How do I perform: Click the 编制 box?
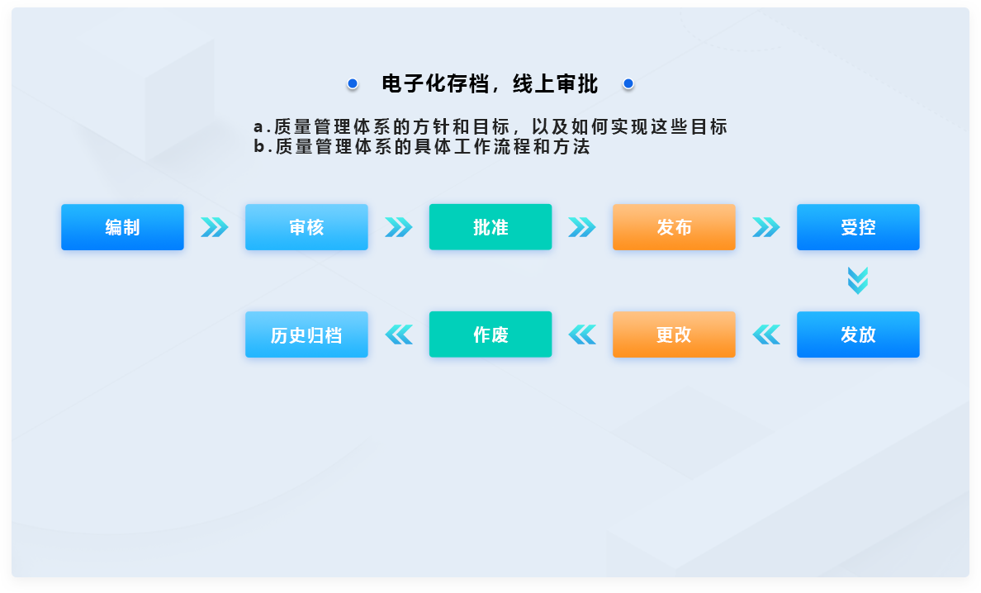point(122,227)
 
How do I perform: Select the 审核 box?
point(306,227)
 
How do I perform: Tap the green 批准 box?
point(490,227)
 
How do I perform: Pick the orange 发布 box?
point(674,227)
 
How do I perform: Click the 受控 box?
point(859,227)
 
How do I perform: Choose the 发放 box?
point(859,334)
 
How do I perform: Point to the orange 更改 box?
point(674,334)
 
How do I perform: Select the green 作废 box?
point(490,334)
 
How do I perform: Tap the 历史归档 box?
point(306,334)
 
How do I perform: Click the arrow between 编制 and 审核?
point(215,227)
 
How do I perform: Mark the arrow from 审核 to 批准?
point(399,227)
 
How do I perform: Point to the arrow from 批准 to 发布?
point(582,227)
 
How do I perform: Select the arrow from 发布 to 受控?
point(765,227)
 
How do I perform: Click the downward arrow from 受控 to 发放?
point(858,281)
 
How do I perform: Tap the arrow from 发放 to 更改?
point(766,334)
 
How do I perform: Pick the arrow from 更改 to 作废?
point(582,334)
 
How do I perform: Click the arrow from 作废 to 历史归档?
point(399,334)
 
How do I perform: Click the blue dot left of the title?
point(353,83)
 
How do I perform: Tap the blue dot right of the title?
point(628,83)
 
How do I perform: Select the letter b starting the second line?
point(259,147)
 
